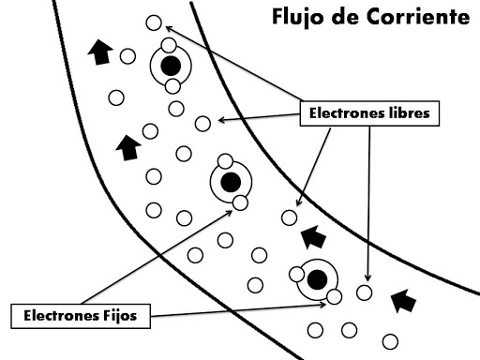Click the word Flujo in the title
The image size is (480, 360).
pyautogui.click(x=297, y=18)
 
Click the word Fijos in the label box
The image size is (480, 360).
pyautogui.click(x=115, y=315)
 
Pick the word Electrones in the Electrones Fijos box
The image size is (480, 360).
pyautogui.click(x=58, y=315)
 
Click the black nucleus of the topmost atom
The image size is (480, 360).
pyautogui.click(x=170, y=66)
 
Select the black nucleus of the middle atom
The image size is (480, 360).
pyautogui.click(x=230, y=181)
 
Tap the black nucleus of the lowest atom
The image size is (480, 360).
pyautogui.click(x=319, y=279)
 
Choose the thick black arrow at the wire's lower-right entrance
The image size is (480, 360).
pyautogui.click(x=403, y=300)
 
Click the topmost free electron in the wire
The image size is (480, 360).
pyautogui.click(x=154, y=23)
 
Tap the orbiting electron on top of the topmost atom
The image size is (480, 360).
pyautogui.click(x=168, y=45)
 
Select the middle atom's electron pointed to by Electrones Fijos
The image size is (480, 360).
pyautogui.click(x=240, y=202)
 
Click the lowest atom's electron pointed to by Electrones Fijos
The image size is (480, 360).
pyautogui.click(x=333, y=298)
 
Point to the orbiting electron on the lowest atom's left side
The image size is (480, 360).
pyautogui.click(x=297, y=275)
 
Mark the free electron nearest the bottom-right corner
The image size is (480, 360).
pyautogui.click(x=389, y=339)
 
